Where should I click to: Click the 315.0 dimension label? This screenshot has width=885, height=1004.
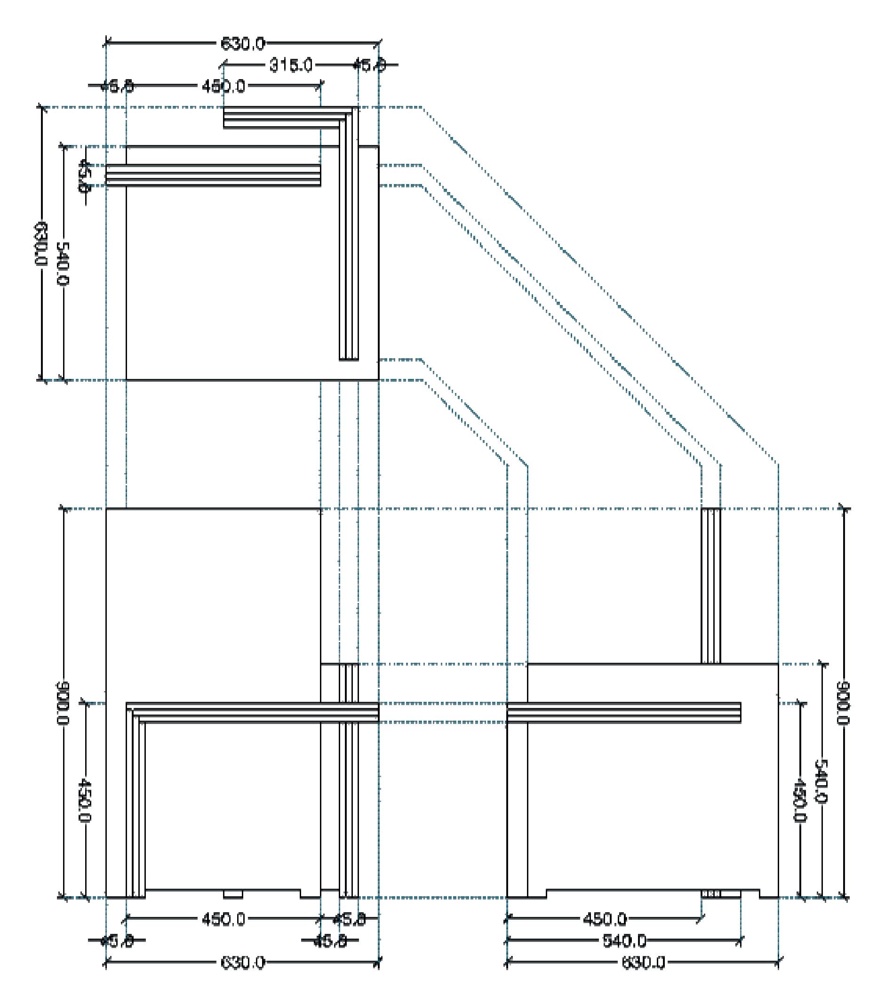pyautogui.click(x=291, y=65)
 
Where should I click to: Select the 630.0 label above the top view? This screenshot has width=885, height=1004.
pyautogui.click(x=242, y=44)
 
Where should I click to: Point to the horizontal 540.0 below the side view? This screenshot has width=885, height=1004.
pyautogui.click(x=624, y=941)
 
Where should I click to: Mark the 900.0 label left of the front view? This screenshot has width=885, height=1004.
pyautogui.click(x=64, y=703)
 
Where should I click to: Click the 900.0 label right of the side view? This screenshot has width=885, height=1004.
pyautogui.click(x=843, y=703)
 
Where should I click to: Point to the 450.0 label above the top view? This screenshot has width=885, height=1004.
pyautogui.click(x=223, y=87)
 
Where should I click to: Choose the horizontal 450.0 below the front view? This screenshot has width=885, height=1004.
pyautogui.click(x=223, y=920)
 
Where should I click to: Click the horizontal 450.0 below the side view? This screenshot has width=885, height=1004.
pyautogui.click(x=604, y=920)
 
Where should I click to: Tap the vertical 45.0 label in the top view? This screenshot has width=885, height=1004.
pyautogui.click(x=84, y=176)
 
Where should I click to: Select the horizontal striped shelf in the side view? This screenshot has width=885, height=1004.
pyautogui.click(x=623, y=713)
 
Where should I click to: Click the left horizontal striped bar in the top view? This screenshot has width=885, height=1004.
pyautogui.click(x=213, y=176)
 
